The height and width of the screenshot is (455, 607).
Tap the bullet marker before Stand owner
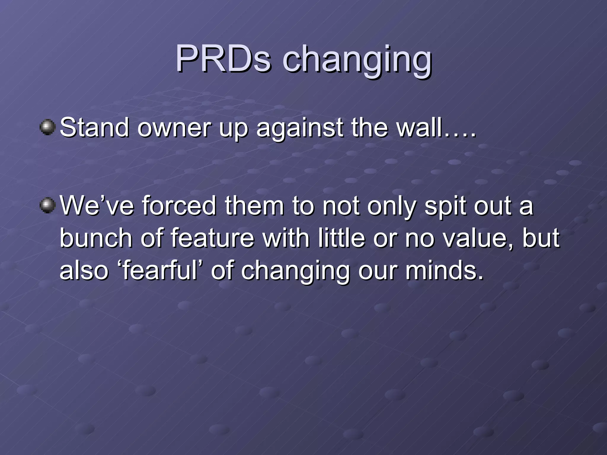(47, 127)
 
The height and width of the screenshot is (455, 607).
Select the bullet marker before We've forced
(47, 205)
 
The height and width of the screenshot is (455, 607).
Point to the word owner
(174, 128)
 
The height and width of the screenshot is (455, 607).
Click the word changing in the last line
(295, 271)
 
